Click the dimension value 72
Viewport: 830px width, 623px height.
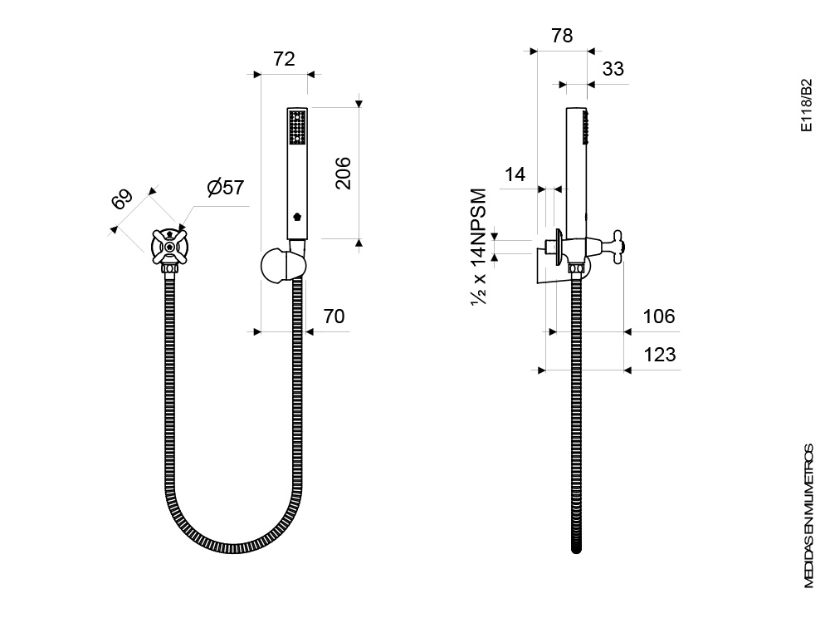pyautogui.click(x=284, y=59)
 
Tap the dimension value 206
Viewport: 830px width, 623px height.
pyautogui.click(x=343, y=173)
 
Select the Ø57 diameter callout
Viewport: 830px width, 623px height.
pyautogui.click(x=225, y=187)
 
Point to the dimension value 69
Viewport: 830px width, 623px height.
pyautogui.click(x=122, y=199)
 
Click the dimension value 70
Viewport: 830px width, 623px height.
pyautogui.click(x=334, y=316)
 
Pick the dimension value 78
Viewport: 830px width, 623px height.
pyautogui.click(x=562, y=36)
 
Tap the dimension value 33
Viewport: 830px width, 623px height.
pyautogui.click(x=613, y=68)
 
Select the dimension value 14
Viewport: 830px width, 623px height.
pyautogui.click(x=515, y=174)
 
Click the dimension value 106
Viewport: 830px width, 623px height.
pyautogui.click(x=658, y=316)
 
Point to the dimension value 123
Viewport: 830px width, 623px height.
pyautogui.click(x=659, y=355)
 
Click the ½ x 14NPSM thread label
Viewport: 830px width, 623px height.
pyautogui.click(x=478, y=247)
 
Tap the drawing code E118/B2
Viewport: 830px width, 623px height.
pyautogui.click(x=806, y=105)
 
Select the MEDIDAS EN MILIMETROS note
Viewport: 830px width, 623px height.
pyautogui.click(x=808, y=516)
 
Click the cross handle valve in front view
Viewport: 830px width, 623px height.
pyautogui.click(x=168, y=247)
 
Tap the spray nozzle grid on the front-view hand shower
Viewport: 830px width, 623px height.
pyautogui.click(x=297, y=126)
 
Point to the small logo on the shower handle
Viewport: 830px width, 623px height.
pyautogui.click(x=297, y=216)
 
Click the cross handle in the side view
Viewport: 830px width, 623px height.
pyautogui.click(x=618, y=247)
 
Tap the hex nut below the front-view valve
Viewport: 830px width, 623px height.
pyautogui.click(x=169, y=268)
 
